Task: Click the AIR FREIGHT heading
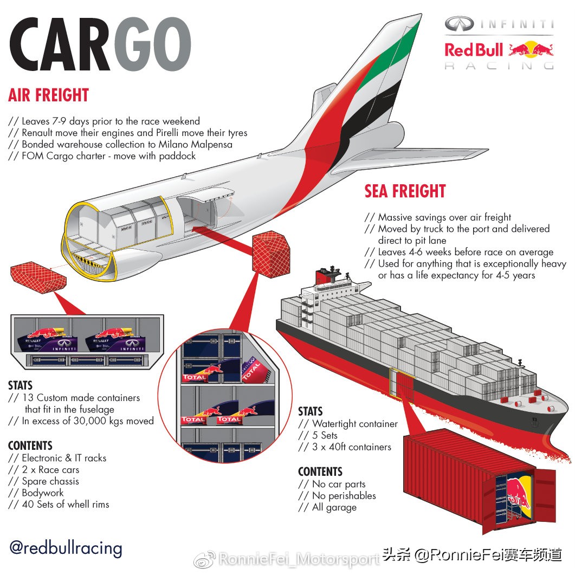[x=48, y=95]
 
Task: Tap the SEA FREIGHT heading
[x=405, y=191]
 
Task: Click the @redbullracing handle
[x=66, y=548]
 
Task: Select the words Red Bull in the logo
[x=474, y=49]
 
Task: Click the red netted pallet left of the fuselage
[x=38, y=274]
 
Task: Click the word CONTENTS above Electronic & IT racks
[x=30, y=445]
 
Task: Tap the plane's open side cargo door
[x=205, y=211]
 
